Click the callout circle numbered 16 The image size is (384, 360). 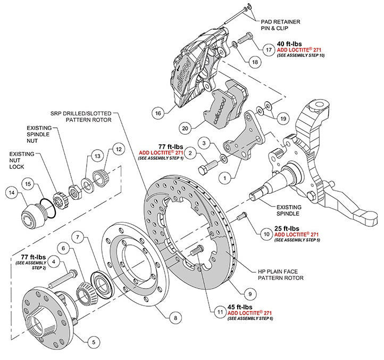click(157, 113)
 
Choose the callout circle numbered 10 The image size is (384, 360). click(266, 233)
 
